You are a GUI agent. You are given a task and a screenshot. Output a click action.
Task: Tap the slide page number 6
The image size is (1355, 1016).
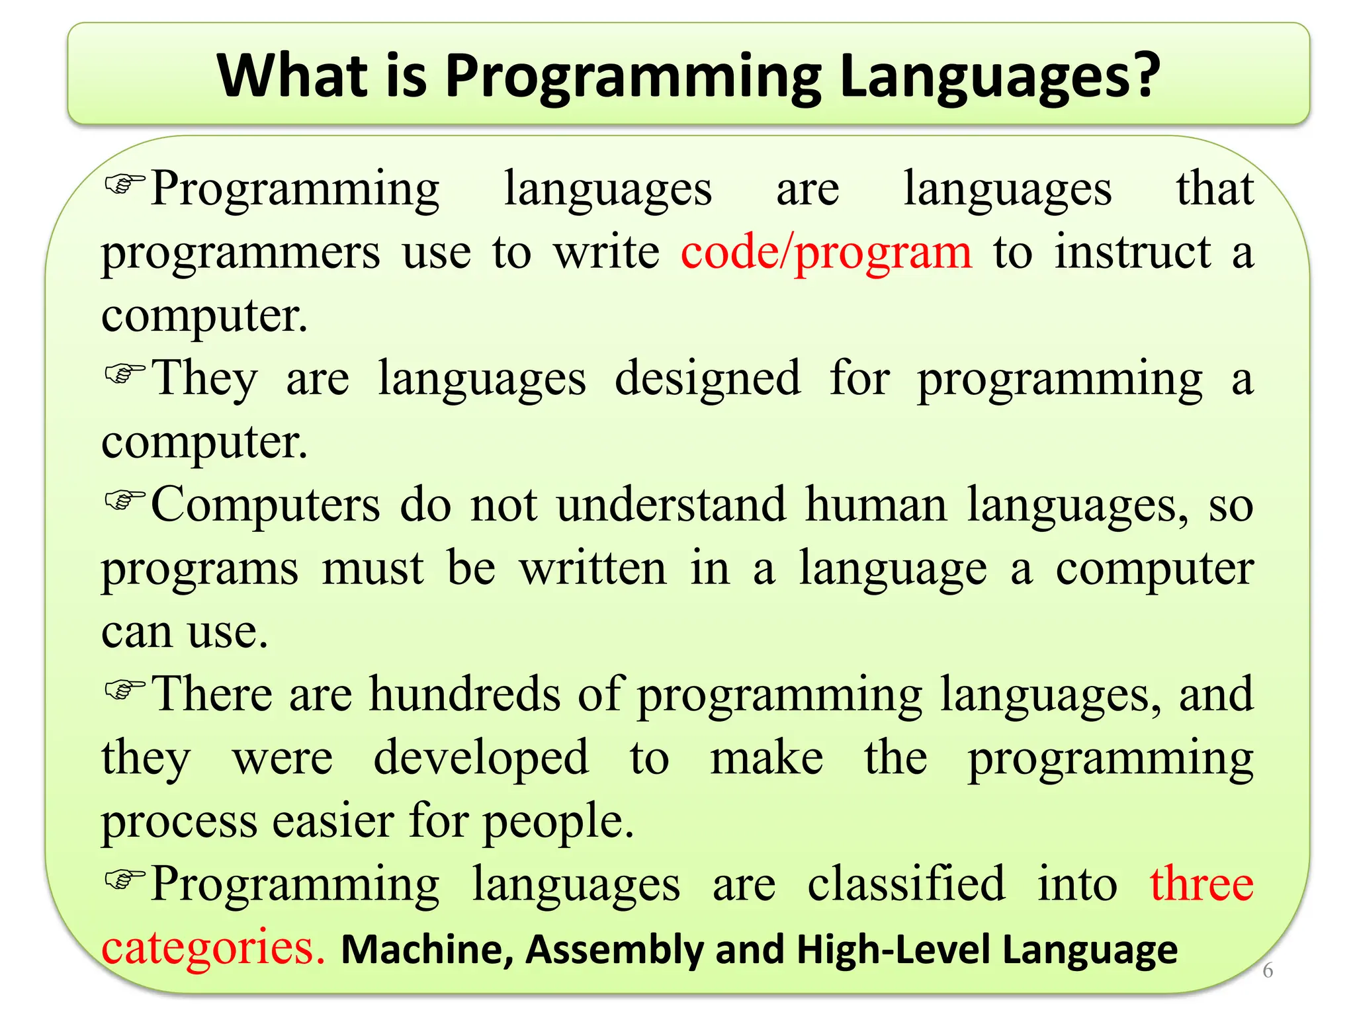1268,970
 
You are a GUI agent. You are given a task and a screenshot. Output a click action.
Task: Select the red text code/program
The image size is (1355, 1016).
826,253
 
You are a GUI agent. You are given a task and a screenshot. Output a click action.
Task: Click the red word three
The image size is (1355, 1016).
1202,884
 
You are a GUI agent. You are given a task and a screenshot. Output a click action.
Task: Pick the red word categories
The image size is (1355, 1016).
212,948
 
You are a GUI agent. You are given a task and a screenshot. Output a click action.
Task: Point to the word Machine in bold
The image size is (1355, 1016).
427,949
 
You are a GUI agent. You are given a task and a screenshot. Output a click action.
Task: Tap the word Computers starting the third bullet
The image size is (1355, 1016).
265,505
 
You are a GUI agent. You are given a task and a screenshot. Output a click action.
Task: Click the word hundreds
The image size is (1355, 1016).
465,695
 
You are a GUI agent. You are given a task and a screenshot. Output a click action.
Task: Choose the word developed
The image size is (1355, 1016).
481,758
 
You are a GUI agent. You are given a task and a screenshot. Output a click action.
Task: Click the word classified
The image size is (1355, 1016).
906,884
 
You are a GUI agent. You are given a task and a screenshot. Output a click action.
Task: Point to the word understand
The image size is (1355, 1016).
672,505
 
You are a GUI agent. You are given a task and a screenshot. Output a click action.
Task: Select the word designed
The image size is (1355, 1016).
707,378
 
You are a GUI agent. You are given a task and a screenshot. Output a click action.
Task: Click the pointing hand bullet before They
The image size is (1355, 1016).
124,373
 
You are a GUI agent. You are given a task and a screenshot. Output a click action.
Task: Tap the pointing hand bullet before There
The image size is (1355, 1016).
124,689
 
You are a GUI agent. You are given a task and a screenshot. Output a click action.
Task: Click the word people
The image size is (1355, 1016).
558,822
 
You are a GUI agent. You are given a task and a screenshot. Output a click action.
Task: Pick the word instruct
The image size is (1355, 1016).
1132,253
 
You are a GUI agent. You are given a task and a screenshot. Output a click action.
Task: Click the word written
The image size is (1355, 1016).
593,569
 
